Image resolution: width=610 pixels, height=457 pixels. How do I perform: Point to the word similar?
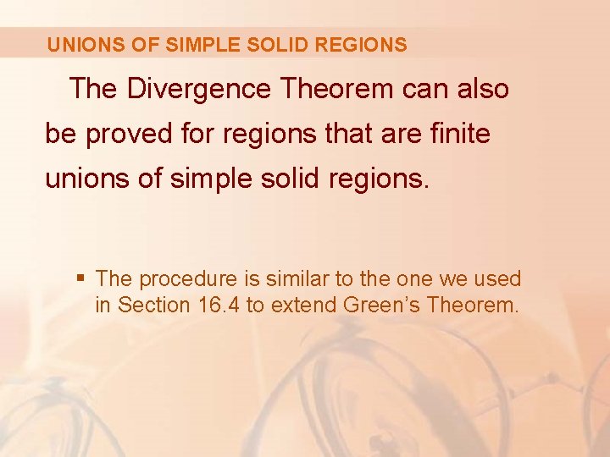[x=293, y=278]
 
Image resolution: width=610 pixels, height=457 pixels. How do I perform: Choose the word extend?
[x=305, y=305]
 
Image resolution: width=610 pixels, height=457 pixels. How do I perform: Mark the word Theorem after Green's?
[x=473, y=305]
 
